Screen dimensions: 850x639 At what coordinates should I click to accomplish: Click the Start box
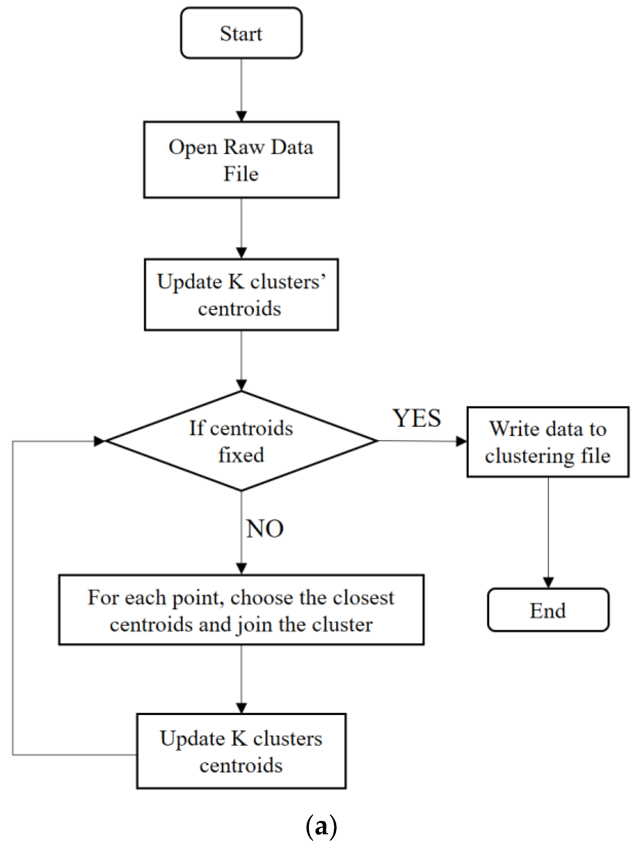tap(241, 33)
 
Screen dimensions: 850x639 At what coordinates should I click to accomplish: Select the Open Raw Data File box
tap(241, 160)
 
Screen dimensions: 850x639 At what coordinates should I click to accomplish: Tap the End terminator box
tap(548, 610)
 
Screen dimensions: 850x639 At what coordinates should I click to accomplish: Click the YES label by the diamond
tap(416, 418)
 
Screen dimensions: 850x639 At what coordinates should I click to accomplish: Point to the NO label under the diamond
tap(265, 529)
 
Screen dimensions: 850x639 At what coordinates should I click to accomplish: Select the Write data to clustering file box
tap(548, 442)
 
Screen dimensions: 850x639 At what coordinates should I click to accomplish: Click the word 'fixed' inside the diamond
tap(241, 455)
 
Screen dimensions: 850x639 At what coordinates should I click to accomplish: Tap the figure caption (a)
tap(321, 826)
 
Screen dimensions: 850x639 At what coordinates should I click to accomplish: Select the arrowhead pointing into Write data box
tap(461, 441)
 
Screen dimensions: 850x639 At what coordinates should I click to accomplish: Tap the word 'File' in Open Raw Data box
tap(241, 174)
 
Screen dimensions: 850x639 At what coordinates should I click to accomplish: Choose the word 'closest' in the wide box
tap(364, 598)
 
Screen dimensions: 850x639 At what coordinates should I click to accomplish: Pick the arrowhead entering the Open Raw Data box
tap(241, 116)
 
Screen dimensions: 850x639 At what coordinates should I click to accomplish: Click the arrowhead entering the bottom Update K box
tap(241, 708)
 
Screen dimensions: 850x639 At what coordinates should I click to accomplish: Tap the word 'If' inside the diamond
tap(197, 428)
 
